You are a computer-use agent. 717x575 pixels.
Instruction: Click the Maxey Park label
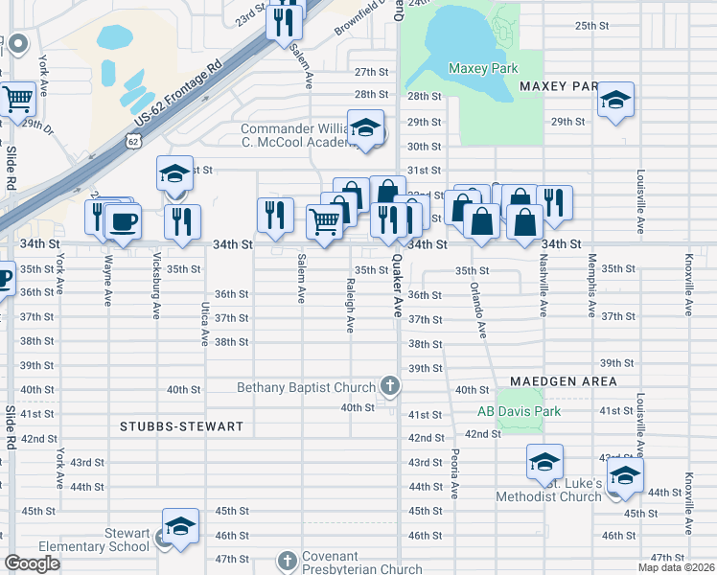point(483,68)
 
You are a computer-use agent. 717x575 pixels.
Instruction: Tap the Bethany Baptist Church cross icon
point(389,386)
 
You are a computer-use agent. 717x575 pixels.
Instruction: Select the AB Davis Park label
point(519,411)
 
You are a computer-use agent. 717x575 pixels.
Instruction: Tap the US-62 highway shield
point(133,141)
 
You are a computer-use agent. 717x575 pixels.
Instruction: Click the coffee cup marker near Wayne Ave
point(124,222)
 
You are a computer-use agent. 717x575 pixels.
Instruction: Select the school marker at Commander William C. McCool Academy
point(365,127)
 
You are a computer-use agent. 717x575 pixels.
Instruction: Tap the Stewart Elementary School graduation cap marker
point(180,526)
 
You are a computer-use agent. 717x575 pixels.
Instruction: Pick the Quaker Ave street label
point(396,293)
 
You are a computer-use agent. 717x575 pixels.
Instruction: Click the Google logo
point(33,563)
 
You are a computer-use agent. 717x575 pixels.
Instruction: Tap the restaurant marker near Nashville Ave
point(554,204)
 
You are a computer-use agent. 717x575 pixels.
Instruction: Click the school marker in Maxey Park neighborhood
point(615,101)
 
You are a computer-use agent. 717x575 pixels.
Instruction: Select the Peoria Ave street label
point(453,476)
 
